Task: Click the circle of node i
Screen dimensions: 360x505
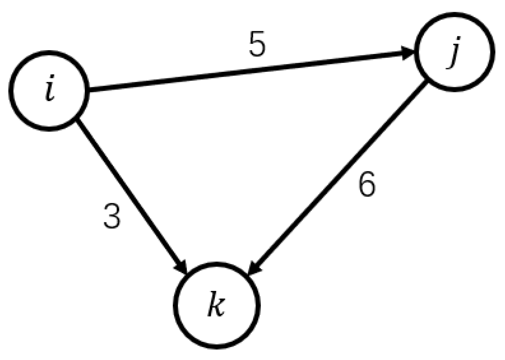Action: coord(49,91)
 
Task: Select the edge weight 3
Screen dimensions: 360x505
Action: coord(112,216)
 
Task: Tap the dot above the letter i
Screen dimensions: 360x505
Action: coord(51,83)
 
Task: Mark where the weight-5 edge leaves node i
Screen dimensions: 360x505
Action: coord(90,91)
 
